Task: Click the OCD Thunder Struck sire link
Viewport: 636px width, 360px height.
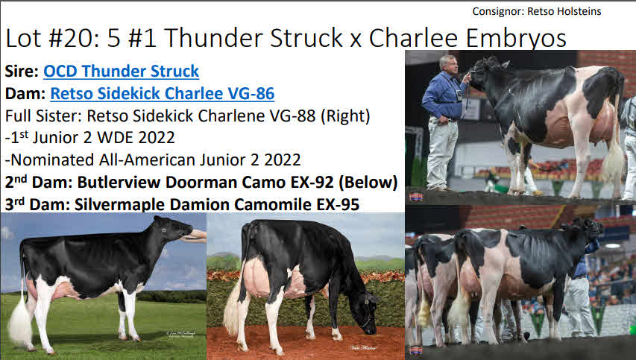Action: (x=121, y=71)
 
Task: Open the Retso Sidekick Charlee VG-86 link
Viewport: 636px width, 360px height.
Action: (x=163, y=93)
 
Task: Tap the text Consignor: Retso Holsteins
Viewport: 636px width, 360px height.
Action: (x=537, y=11)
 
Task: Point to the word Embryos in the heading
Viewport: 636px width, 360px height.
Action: (x=516, y=39)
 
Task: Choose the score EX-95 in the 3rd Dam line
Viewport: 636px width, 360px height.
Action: (x=338, y=205)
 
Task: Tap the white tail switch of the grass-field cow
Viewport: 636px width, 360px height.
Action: (x=19, y=322)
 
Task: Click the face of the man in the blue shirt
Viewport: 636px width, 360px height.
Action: (x=449, y=63)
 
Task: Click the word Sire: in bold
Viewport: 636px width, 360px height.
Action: (x=22, y=72)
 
